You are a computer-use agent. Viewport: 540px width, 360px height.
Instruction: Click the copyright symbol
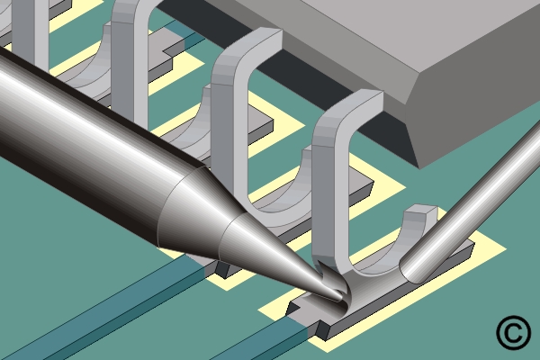(513, 332)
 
